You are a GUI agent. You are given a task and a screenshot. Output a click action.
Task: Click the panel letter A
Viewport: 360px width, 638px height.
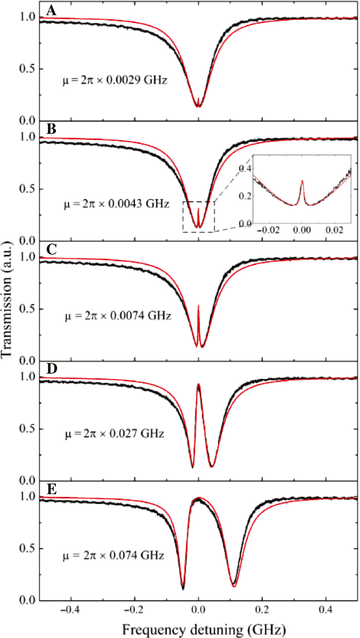[51, 11]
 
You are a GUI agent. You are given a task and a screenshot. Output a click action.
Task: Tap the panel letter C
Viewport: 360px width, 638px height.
[51, 249]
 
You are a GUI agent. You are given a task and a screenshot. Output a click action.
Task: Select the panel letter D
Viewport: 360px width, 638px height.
[52, 369]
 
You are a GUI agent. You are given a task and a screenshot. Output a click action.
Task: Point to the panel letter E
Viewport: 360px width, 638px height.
[51, 489]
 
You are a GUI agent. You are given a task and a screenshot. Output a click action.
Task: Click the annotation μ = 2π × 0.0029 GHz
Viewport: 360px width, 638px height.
[115, 80]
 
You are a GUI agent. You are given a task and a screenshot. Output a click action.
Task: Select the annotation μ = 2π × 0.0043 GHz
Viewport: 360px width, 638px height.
[117, 204]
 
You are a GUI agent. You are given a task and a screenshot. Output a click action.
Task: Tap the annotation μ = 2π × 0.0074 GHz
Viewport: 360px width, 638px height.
[118, 316]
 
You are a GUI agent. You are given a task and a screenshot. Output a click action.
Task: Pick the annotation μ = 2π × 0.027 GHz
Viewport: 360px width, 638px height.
[115, 434]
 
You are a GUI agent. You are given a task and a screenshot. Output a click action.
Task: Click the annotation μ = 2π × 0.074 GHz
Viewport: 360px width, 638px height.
[114, 556]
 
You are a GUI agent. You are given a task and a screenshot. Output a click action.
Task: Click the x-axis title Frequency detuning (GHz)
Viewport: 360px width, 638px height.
[204, 630]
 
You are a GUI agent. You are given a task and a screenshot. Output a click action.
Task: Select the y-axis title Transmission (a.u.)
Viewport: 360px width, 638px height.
[6, 299]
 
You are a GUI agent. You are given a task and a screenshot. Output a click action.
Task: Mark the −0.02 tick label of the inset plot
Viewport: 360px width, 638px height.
[268, 230]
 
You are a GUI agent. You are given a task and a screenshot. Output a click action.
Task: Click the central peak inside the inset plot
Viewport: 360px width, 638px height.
[302, 182]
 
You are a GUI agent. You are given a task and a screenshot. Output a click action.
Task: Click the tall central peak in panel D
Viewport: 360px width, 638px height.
[199, 385]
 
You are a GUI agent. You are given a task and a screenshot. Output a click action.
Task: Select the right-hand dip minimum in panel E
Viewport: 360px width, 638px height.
[234, 585]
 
